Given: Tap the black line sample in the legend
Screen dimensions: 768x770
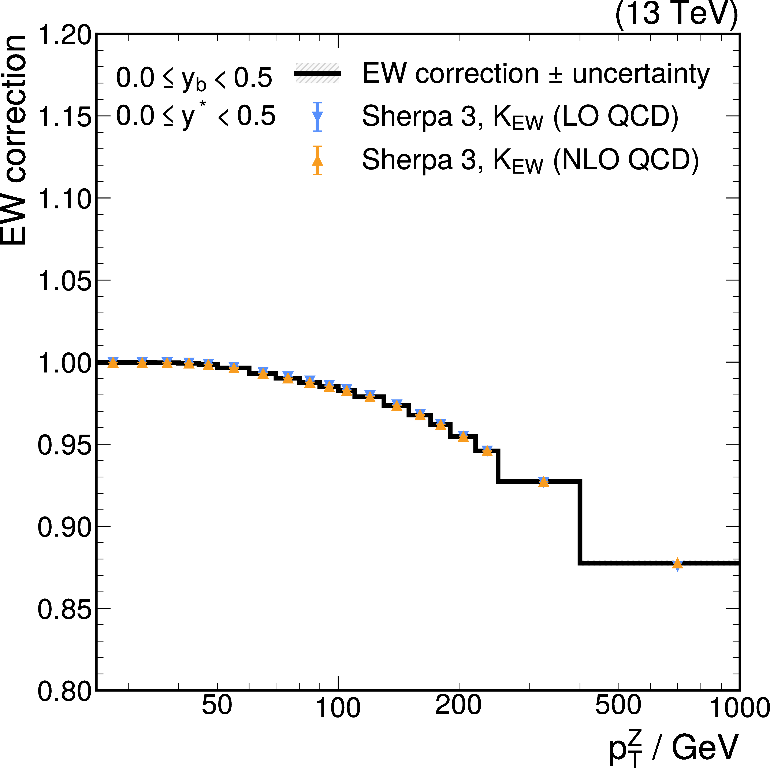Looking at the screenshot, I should [318, 73].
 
